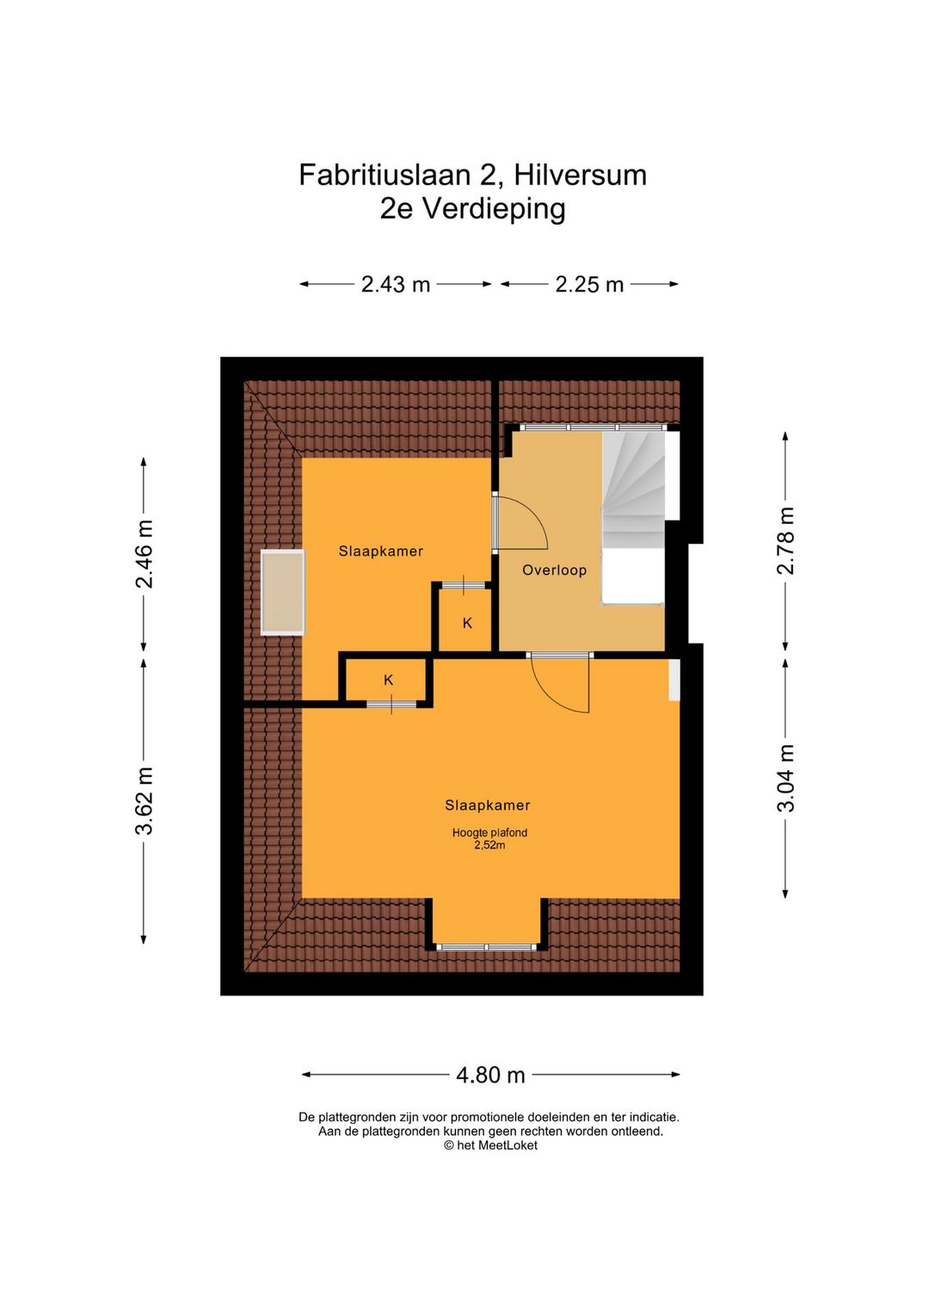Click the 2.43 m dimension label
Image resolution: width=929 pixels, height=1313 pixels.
pos(396,284)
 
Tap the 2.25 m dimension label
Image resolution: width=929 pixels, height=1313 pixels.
pos(589,284)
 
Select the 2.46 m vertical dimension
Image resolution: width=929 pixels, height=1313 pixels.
pos(145,554)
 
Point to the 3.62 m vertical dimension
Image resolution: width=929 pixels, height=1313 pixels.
pos(145,801)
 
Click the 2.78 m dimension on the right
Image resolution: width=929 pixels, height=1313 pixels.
pos(785,540)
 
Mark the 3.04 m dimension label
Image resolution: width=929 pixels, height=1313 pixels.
pos(785,779)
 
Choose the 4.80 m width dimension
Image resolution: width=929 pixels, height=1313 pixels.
pos(490,1075)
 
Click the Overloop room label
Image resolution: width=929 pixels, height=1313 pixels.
pos(554,570)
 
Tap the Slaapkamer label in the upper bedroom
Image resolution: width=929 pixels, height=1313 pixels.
pos(380,551)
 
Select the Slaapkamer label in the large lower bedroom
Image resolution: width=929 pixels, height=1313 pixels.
pos(487,805)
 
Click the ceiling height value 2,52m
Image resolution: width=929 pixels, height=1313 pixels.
pos(489,845)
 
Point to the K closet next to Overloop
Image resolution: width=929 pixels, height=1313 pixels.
pos(467,623)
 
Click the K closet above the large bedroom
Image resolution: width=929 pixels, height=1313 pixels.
pos(388,681)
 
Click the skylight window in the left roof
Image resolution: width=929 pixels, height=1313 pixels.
pos(283,592)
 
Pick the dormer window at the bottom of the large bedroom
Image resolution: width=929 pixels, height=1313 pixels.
pos(486,946)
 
